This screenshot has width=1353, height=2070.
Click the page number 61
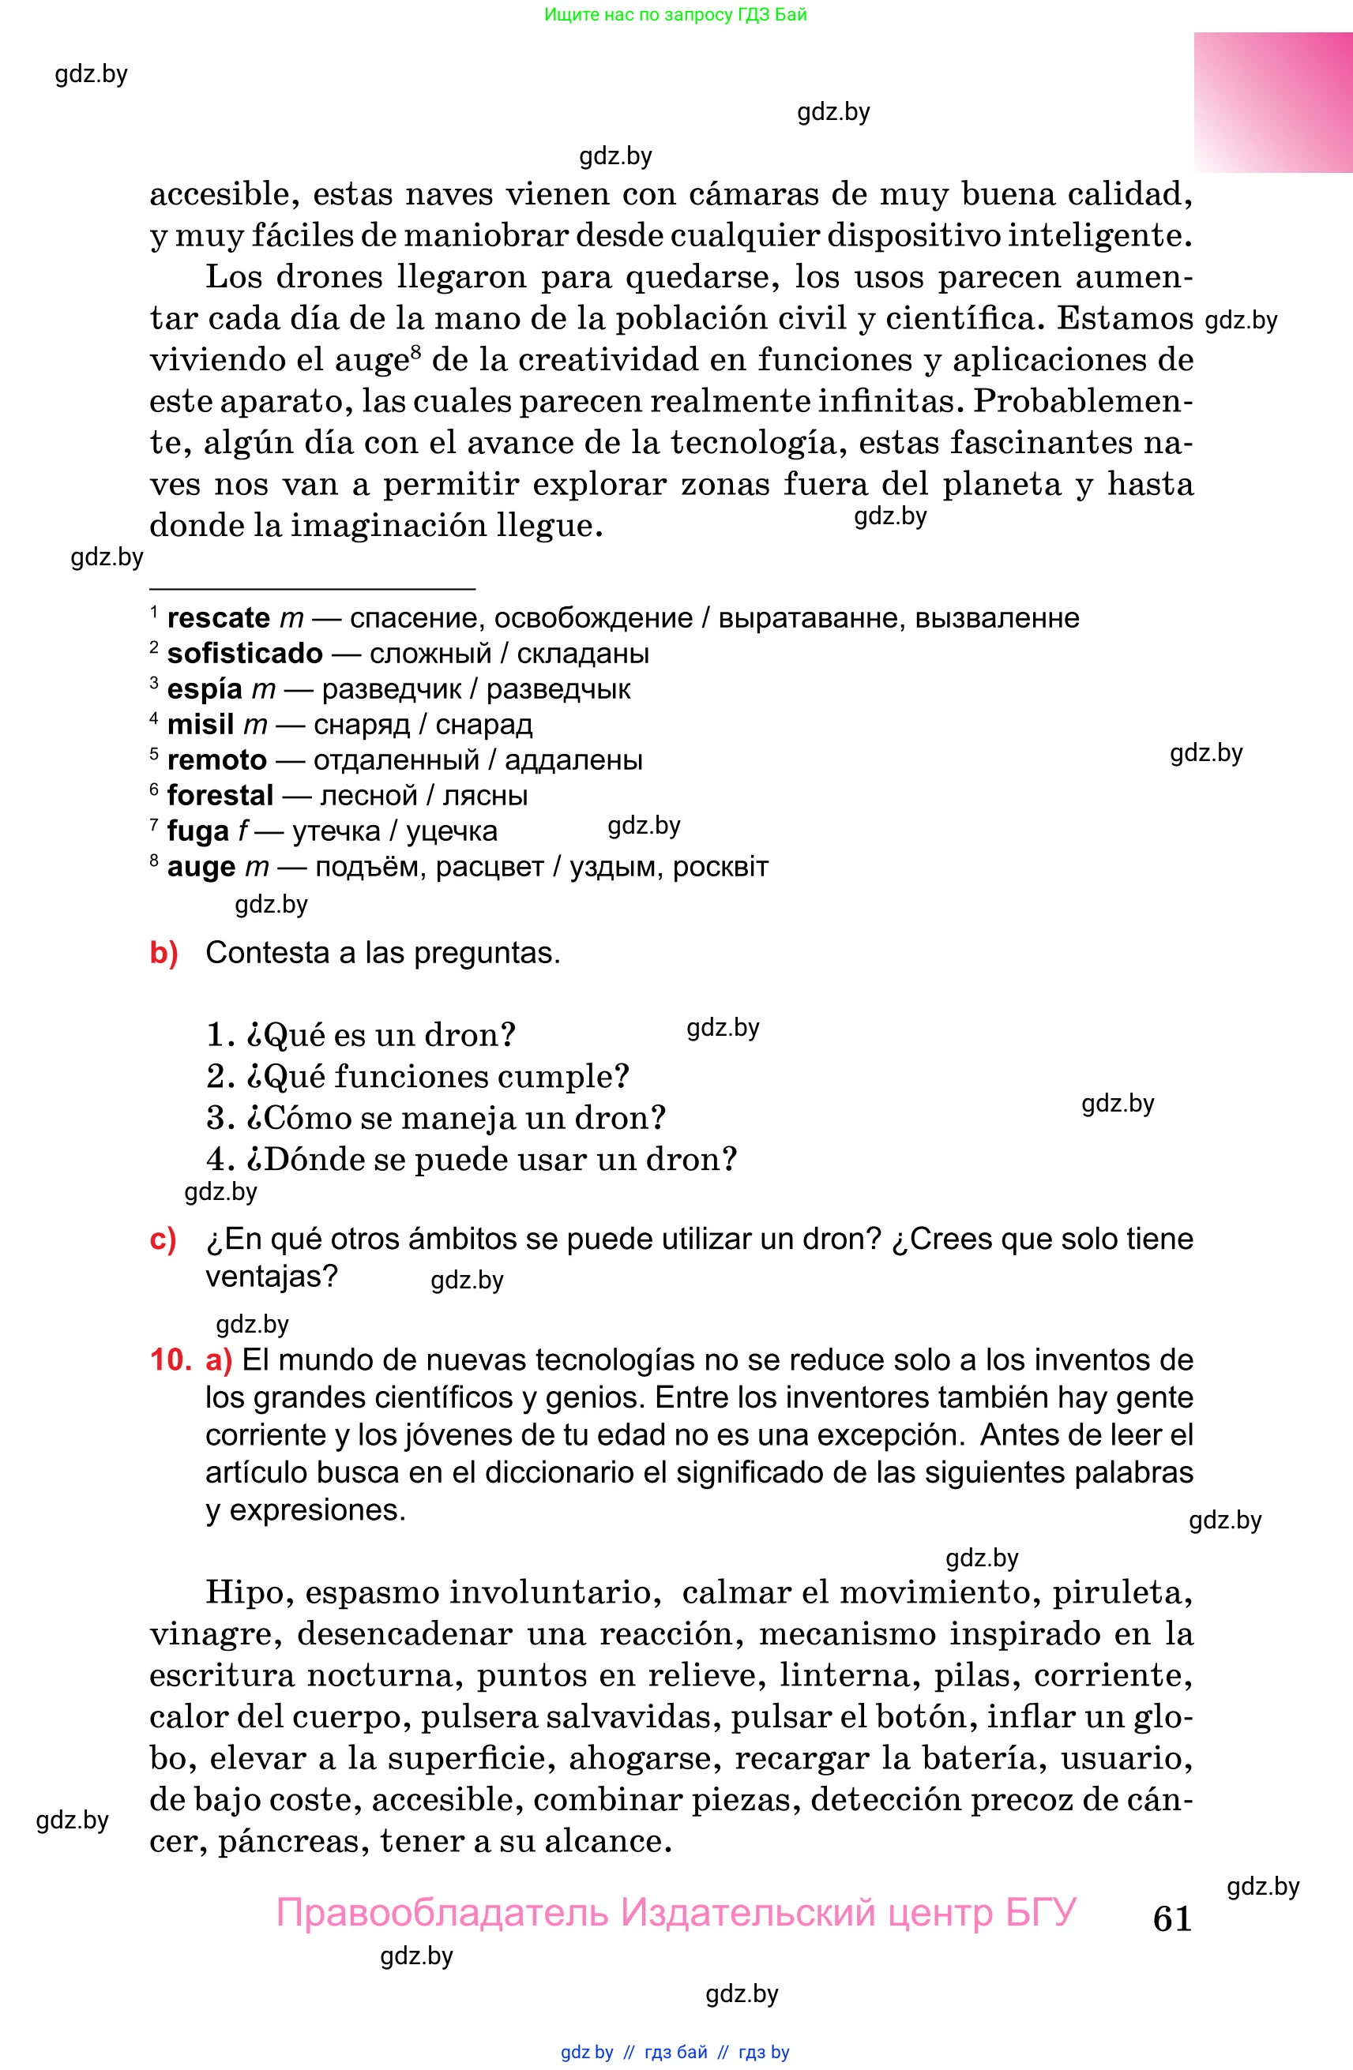click(x=1171, y=1918)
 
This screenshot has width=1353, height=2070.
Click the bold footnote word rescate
click(x=219, y=617)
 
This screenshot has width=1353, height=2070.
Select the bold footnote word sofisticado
click(x=245, y=653)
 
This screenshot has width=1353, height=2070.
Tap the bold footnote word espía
click(x=204, y=689)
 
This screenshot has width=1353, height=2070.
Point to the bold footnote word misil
click(x=200, y=725)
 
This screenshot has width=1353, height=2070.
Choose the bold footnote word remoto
click(x=216, y=760)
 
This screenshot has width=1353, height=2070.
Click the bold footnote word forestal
click(x=220, y=795)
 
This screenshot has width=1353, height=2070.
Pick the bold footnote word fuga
click(x=197, y=831)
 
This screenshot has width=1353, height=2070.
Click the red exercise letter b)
click(x=163, y=953)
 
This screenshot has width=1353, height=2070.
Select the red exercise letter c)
click(x=163, y=1239)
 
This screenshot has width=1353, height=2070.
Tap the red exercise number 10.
click(x=170, y=1359)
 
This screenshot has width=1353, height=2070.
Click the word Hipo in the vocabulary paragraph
click(x=243, y=1592)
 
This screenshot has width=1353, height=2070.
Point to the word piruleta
click(x=1122, y=1592)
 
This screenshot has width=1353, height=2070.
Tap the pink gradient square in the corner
click(x=1272, y=103)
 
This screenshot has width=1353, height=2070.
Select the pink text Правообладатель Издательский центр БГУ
click(x=676, y=1913)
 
